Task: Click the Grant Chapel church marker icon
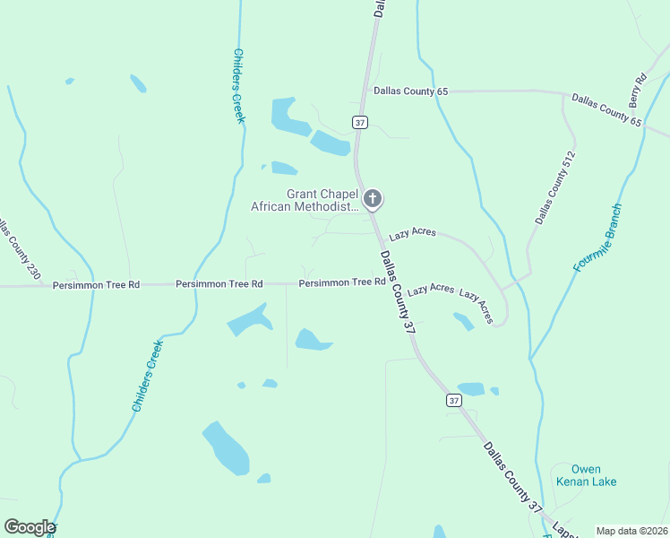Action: click(373, 199)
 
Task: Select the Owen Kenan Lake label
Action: click(586, 475)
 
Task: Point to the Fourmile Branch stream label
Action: click(597, 238)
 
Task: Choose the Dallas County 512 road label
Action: click(555, 187)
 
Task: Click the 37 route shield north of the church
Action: click(360, 122)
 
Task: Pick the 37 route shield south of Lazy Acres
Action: click(453, 401)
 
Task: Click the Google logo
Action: click(30, 527)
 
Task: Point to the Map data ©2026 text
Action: click(631, 531)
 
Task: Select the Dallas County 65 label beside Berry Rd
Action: click(606, 109)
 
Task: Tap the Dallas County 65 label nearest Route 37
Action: click(410, 91)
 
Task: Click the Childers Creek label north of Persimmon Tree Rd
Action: click(238, 86)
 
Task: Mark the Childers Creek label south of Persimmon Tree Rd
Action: click(148, 377)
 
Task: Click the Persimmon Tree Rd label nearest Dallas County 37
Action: click(342, 282)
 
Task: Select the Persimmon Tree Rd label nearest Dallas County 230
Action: click(96, 284)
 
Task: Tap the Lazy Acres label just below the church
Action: click(412, 232)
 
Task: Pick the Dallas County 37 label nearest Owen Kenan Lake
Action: click(513, 478)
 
